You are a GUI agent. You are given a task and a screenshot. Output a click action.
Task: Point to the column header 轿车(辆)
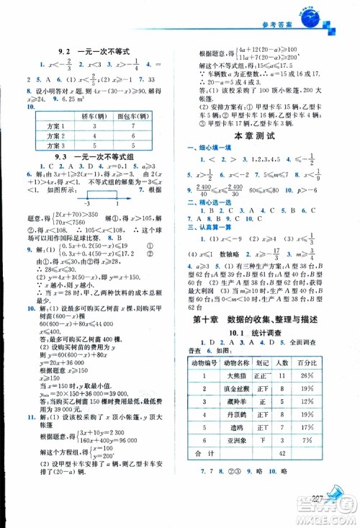pyautogui.click(x=94, y=116)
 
